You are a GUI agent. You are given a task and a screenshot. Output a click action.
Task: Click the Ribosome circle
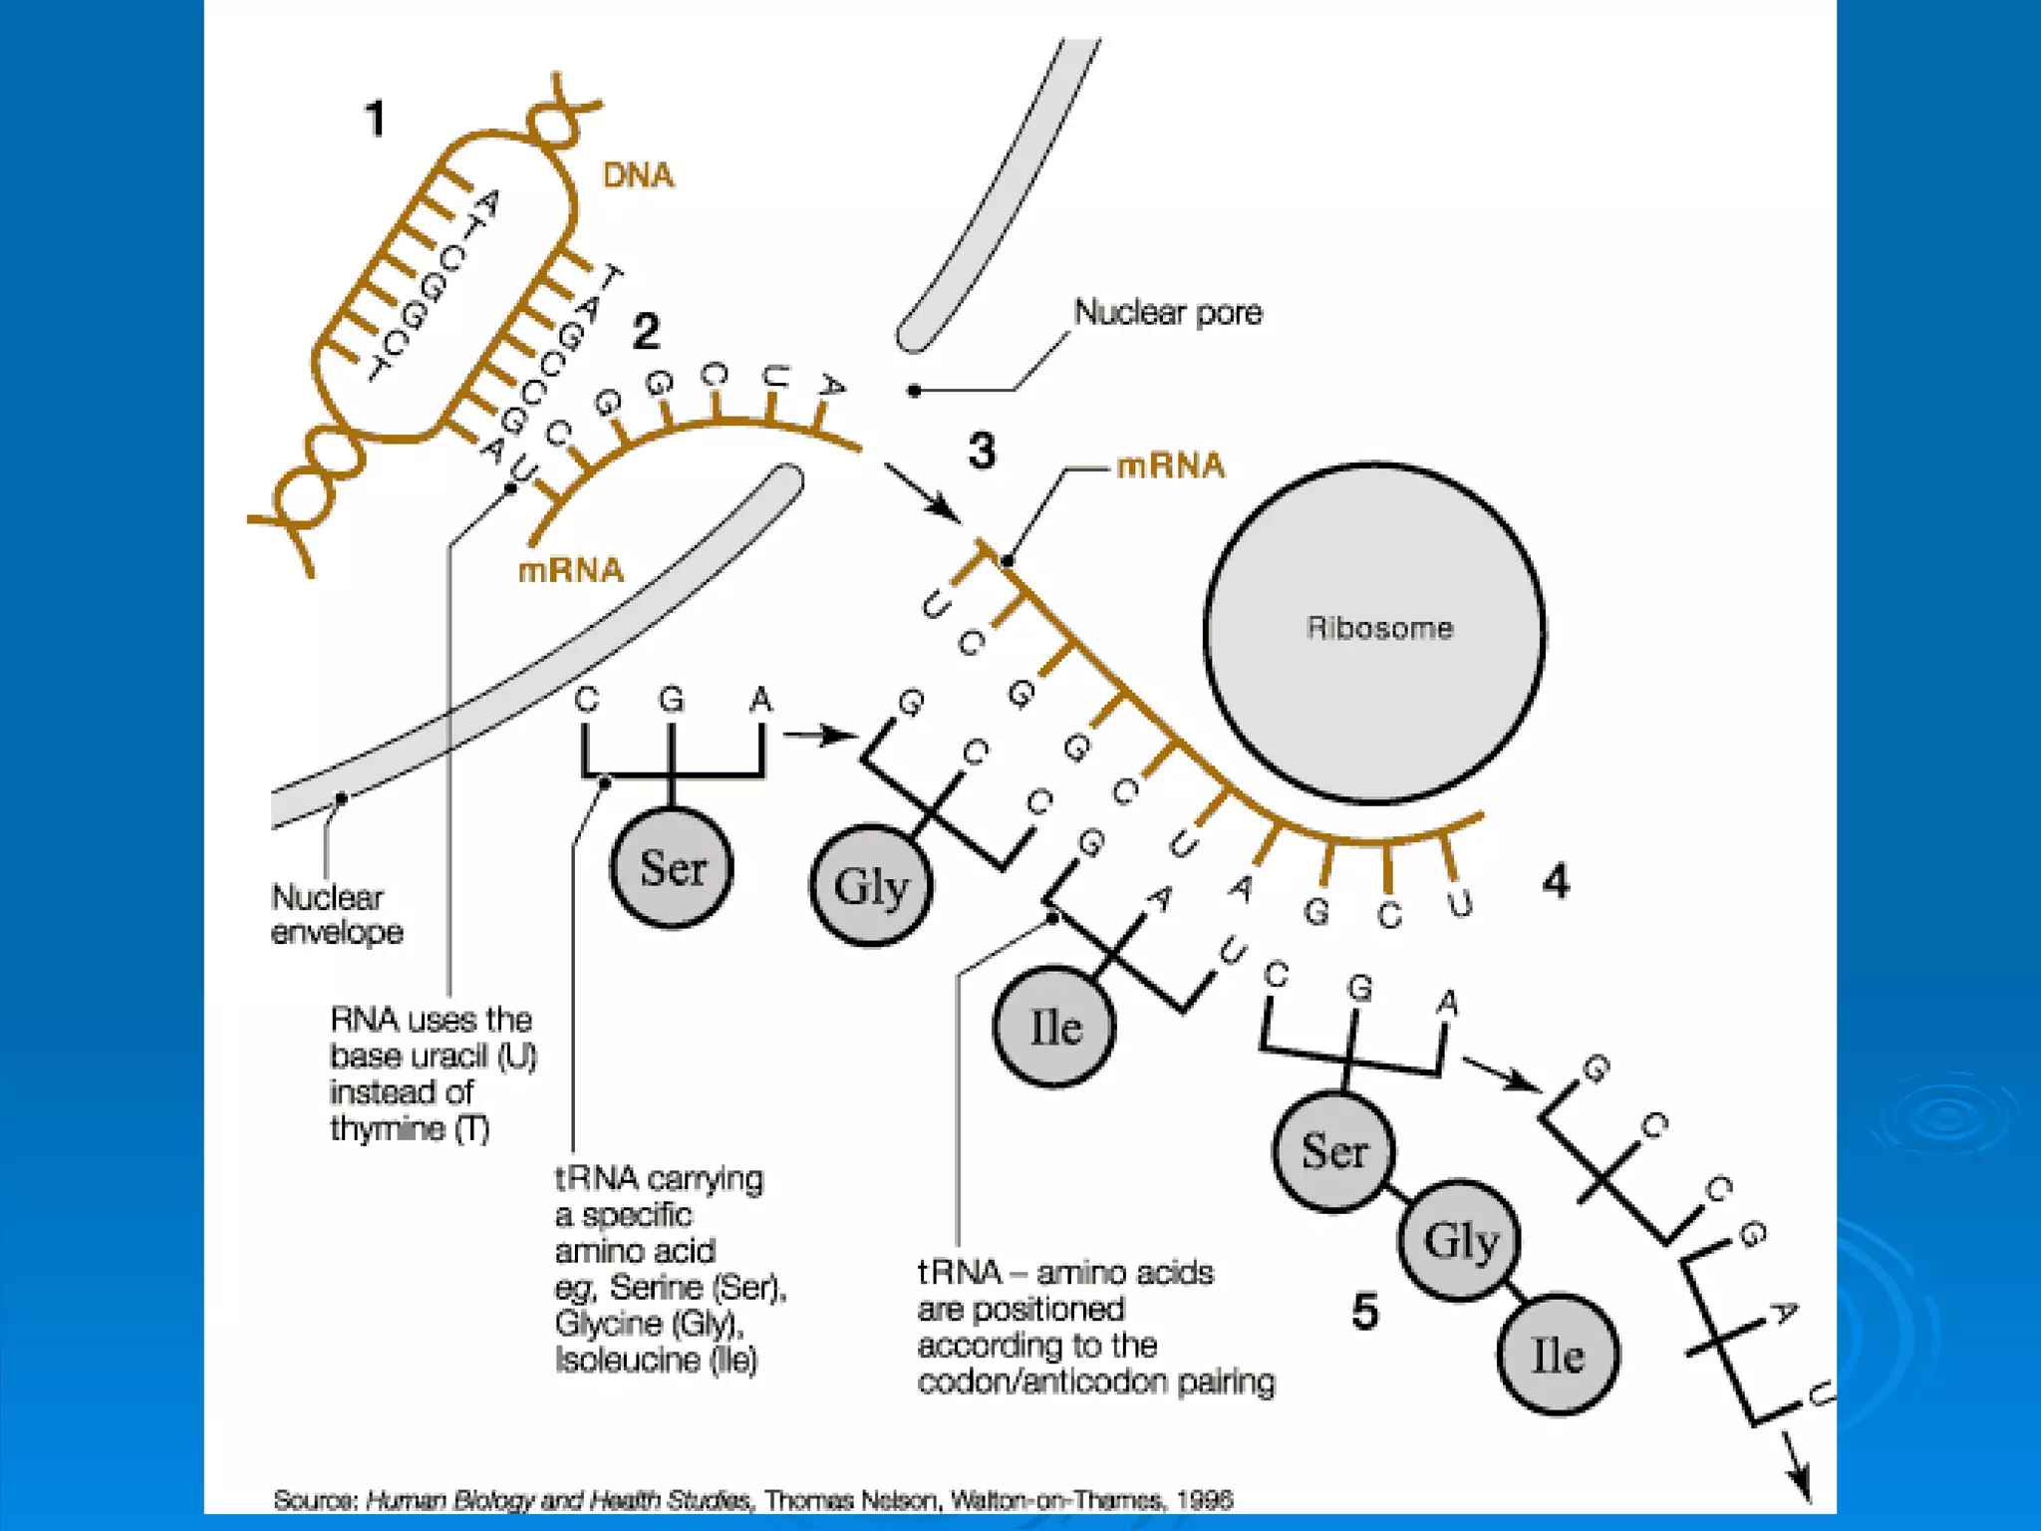coord(1375,633)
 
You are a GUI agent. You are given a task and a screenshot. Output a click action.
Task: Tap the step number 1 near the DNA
coord(375,119)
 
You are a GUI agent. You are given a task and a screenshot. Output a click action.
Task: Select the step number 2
coord(646,331)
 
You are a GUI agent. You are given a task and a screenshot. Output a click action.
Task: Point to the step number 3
coord(982,451)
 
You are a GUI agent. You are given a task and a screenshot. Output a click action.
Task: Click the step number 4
coord(1556,881)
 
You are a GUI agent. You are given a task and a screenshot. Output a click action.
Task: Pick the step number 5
coord(1365,1311)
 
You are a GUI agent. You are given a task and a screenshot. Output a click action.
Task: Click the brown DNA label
coord(638,175)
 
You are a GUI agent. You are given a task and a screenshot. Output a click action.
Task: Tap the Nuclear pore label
coord(1168,313)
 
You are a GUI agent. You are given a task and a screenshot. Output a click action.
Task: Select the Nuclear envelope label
coord(336,915)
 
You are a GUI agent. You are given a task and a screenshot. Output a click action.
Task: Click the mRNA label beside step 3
coord(1170,465)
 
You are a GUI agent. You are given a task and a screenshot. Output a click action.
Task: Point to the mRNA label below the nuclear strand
coord(571,570)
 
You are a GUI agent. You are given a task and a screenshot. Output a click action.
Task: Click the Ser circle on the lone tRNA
coord(672,868)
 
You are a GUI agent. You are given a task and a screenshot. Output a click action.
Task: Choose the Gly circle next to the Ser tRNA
coord(871,886)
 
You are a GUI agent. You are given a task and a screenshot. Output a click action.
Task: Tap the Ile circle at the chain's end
coord(1558,1356)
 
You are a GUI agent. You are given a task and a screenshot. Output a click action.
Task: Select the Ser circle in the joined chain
coord(1334,1151)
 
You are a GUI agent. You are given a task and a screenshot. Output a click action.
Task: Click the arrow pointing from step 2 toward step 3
coord(923,491)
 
